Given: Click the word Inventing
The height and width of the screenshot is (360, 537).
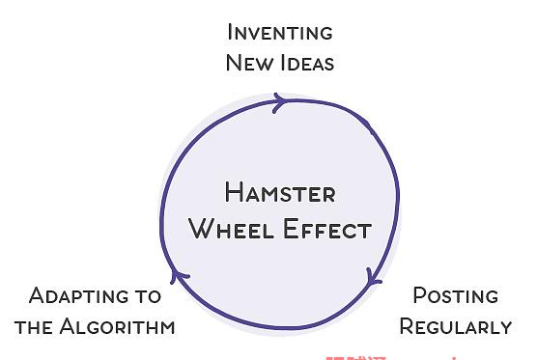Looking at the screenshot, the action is (280, 33).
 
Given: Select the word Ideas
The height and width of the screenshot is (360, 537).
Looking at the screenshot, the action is (307, 63).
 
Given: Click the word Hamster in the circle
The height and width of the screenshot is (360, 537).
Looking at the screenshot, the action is (280, 192).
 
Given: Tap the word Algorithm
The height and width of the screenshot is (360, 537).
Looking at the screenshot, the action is (117, 326).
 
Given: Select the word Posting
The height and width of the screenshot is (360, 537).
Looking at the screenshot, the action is (456, 295).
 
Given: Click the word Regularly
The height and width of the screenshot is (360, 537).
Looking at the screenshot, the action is (456, 326).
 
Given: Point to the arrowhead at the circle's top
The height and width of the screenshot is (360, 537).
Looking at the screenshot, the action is (280, 102).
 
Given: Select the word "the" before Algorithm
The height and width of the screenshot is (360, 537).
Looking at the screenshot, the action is (33, 327).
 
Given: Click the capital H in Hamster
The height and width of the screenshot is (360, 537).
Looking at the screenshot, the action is (233, 192).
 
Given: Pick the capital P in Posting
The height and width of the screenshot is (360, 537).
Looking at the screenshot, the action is (419, 295).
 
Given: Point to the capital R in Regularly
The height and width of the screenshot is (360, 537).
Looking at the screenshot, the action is (407, 326).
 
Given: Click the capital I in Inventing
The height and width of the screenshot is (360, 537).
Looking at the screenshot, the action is (230, 32).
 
